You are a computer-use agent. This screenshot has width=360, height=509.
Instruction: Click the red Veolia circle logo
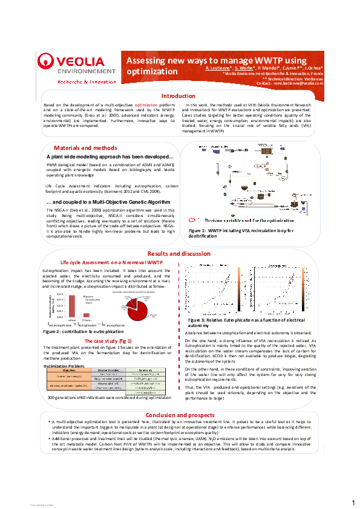(x=47, y=62)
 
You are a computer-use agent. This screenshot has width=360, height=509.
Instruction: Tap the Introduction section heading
(x=178, y=96)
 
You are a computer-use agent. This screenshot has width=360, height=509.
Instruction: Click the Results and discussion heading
(x=179, y=253)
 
